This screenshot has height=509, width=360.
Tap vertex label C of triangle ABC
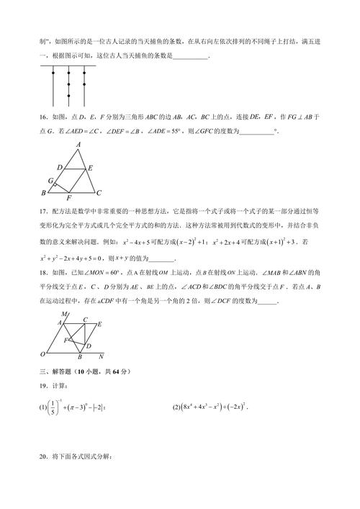point(99,192)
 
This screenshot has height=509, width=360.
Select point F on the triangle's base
point(68,198)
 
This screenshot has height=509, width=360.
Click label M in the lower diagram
point(63,315)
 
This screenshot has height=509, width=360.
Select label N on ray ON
point(101,356)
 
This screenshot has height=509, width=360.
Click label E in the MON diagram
point(99,325)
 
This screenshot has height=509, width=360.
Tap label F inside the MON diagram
point(66,339)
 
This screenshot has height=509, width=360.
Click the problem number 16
point(45,116)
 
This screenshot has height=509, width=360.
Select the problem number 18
point(45,273)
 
